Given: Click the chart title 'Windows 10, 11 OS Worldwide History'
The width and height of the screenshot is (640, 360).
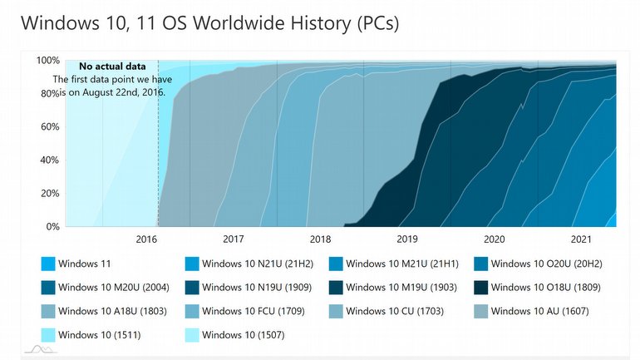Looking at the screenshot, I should (x=209, y=23).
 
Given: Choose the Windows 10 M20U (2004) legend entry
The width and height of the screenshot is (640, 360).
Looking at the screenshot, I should (x=110, y=288).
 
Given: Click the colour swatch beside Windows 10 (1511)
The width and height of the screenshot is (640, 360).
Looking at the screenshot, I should (x=47, y=336).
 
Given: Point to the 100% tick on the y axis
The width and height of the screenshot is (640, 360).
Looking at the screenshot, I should (x=47, y=61).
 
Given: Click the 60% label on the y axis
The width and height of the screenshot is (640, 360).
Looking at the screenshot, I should (x=50, y=127).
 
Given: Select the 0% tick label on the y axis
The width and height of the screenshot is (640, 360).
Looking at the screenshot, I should (x=52, y=227).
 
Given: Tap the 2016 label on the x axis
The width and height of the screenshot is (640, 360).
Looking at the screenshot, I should (x=146, y=239).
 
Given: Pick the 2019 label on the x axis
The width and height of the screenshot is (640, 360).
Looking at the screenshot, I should (x=407, y=239).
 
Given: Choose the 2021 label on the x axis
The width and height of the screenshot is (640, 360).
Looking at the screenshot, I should (x=581, y=239).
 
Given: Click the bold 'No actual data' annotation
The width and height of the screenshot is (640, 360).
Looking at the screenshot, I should (x=112, y=66).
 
